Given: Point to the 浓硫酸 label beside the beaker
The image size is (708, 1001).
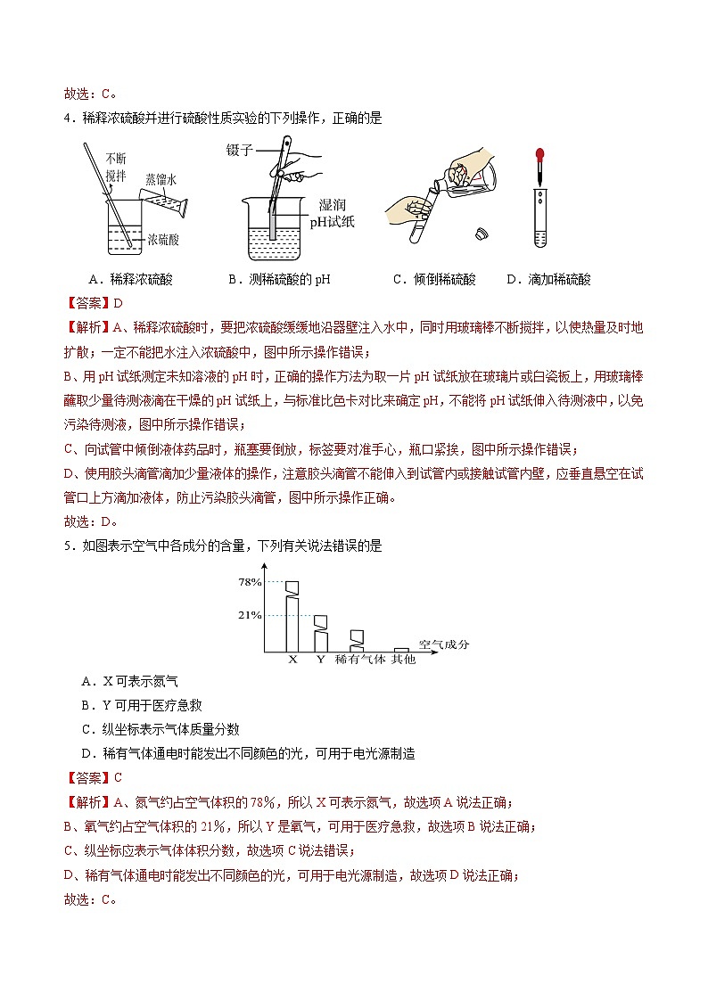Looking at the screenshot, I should point(162,240).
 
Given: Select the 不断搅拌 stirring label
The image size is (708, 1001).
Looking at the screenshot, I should point(115,167).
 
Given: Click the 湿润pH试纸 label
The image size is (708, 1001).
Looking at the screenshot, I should point(332,213).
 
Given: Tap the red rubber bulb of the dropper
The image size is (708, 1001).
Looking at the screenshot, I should point(539,160).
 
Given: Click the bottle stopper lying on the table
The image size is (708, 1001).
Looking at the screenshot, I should point(482,234).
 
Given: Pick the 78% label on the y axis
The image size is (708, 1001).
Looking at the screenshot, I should point(249,582).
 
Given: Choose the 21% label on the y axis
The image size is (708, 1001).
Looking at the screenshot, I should point(249,615).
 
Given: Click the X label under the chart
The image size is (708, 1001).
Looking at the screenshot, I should point(292,660).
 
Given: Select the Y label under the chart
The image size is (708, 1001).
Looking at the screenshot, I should point(320,660).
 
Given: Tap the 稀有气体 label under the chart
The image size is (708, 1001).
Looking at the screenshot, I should point(359,660).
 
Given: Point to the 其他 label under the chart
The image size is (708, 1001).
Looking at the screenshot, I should point(403,660).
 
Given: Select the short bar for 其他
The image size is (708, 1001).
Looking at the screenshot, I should point(402,651).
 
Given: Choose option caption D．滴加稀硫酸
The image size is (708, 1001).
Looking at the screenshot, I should point(548,279).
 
